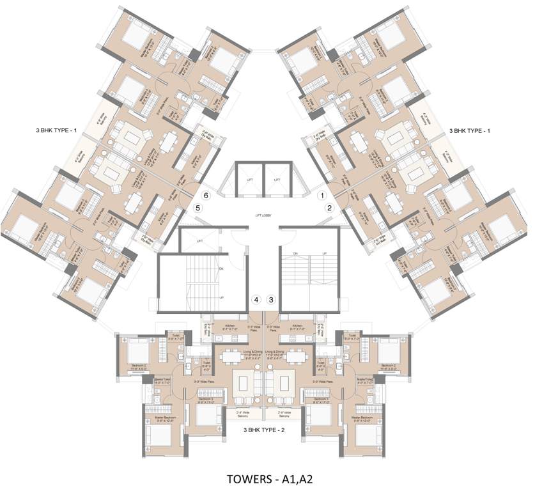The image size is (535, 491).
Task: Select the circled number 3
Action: point(271,299)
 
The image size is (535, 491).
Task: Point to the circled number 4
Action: point(256,299)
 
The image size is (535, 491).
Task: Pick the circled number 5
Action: point(199,207)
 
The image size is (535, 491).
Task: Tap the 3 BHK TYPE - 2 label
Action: point(265,431)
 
